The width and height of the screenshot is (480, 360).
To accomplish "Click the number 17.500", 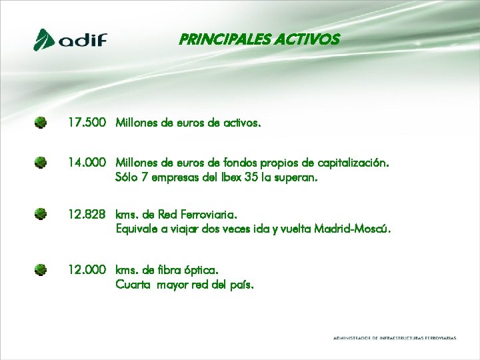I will click(87, 123).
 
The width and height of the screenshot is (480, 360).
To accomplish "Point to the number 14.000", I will click(87, 162).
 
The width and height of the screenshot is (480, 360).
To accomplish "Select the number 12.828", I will click(87, 215).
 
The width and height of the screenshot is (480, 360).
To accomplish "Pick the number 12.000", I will click(87, 269).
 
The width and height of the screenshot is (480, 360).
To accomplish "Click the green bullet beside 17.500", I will click(41, 123).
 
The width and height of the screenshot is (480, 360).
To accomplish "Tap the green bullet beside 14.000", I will click(41, 162).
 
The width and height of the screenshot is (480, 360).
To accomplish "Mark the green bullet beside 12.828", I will click(41, 214).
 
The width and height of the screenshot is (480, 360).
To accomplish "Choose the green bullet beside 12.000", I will click(41, 269).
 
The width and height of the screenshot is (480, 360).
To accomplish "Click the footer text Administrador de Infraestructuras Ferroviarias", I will click(395, 338).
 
